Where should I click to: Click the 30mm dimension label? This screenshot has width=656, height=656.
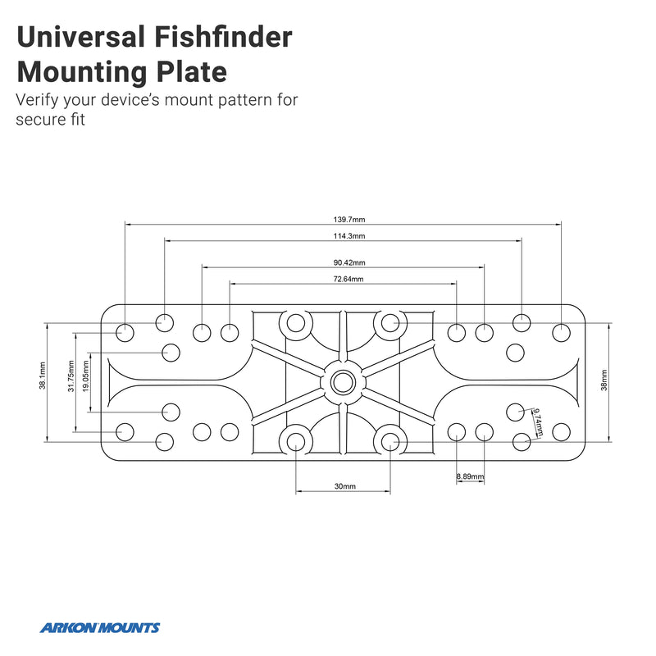tap(344, 486)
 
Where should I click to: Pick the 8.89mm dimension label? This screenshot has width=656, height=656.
tap(471, 477)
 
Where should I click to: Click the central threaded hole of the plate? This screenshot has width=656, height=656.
tap(341, 381)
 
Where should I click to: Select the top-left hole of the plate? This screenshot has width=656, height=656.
tap(125, 332)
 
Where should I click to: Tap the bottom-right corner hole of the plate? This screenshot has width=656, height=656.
tap(561, 430)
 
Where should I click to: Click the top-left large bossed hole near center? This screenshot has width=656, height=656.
tap(295, 323)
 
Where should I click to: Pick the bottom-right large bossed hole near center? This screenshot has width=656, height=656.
tap(388, 441)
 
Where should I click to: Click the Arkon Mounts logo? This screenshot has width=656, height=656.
tap(100, 628)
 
